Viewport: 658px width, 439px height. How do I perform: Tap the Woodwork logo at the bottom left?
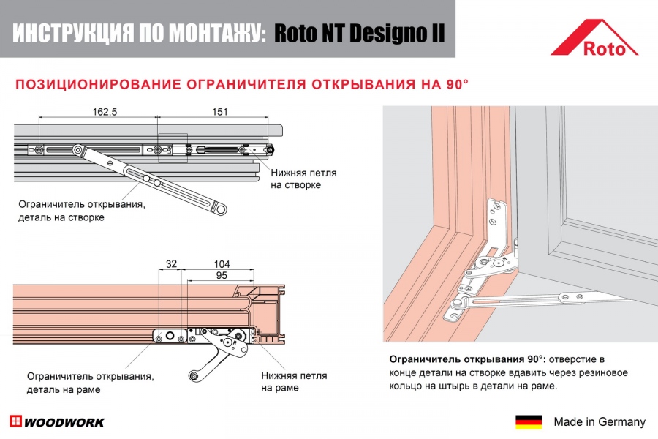coord(57,422)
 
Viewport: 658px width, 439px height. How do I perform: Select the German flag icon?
coord(529,422)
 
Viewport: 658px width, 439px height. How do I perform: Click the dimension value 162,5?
coord(105,112)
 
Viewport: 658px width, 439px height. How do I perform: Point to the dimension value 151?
coord(220,112)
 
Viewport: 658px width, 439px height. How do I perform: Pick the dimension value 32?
coord(172,264)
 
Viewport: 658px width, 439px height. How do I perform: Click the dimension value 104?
coord(222,264)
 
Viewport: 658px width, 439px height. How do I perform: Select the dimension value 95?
coord(222,275)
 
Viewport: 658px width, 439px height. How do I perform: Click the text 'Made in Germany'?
coord(600,422)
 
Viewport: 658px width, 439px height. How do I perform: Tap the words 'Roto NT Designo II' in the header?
coord(359,34)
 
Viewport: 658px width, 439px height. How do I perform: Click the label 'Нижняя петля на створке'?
coord(303,179)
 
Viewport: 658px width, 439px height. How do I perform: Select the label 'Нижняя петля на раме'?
coord(294,381)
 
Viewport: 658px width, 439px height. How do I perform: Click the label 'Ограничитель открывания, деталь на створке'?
coord(81,211)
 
